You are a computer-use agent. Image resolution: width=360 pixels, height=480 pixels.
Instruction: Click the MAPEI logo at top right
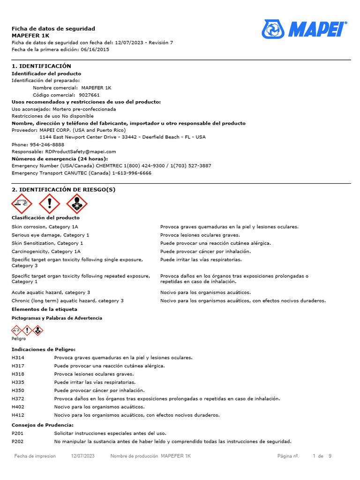pos(304,30)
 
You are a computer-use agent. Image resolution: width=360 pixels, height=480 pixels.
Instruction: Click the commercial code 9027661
pos(89,95)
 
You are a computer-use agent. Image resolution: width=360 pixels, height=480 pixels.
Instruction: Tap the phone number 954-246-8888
pos(47,144)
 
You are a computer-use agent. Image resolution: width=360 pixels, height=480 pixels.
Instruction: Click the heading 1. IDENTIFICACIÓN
pos(41,66)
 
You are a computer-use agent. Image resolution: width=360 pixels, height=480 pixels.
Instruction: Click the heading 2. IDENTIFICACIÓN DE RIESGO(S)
pos(63,189)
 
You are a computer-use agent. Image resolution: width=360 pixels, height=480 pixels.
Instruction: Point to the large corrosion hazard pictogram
pos(22,204)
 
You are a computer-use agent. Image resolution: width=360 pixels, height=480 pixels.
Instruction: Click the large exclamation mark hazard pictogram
pos(49,204)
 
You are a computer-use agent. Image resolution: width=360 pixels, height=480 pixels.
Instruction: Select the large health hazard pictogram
pos(76,204)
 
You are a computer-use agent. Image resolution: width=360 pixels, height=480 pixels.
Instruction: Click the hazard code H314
pos(18,358)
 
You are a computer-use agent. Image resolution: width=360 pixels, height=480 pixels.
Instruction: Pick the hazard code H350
pos(18,390)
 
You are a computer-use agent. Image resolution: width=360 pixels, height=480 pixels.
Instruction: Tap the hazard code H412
pos(18,415)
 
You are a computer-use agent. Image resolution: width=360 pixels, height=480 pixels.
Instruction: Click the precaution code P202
pos(18,442)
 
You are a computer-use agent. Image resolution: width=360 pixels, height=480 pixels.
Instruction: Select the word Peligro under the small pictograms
pos(19,338)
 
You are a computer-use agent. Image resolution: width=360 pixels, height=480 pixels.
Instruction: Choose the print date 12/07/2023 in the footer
pos(83,456)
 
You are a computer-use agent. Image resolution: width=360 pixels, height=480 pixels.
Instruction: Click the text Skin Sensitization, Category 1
pos(47,243)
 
